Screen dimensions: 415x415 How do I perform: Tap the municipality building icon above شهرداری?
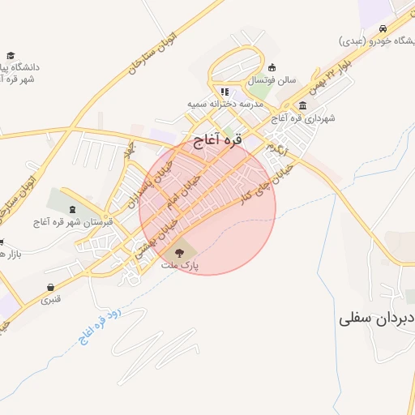tap(302, 105)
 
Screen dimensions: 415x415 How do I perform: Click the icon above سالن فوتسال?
tap(272, 67)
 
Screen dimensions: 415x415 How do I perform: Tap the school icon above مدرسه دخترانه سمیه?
tap(225, 92)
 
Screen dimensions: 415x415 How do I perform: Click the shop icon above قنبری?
tap(52, 286)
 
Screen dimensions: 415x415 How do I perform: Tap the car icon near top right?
tap(380, 27)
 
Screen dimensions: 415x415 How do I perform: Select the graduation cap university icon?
tap(11, 55)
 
